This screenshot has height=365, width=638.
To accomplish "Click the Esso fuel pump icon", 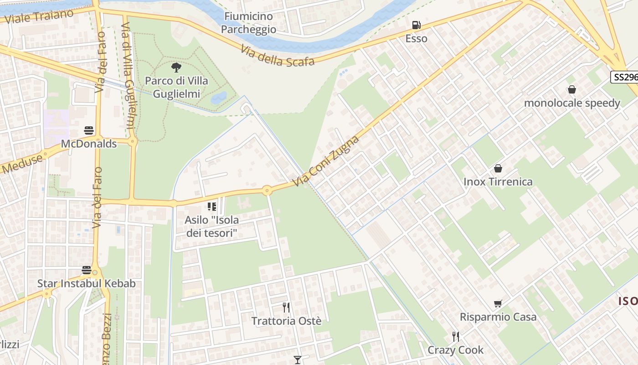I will [416, 25].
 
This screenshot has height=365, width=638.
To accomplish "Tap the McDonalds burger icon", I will [89, 131].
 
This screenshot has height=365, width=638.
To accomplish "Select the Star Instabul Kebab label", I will [86, 283].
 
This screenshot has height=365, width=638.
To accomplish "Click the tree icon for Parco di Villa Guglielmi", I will [176, 68].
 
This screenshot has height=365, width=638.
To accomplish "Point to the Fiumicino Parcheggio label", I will [248, 23].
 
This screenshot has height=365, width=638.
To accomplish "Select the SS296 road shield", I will [625, 77].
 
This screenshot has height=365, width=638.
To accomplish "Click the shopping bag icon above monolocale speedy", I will [571, 89].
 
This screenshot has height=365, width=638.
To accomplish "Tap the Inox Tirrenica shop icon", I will [498, 168].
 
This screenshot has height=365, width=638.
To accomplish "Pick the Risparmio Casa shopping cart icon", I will [498, 303].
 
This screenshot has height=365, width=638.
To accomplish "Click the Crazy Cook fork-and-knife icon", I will [455, 337].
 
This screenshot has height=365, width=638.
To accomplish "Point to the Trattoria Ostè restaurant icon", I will [286, 307].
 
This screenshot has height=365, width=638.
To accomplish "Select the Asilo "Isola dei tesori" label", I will [211, 226].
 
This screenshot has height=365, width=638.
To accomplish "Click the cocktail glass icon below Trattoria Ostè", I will [298, 360].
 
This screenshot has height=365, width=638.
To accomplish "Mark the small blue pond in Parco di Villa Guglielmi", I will [219, 97].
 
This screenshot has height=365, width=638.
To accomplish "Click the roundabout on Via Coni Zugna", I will [267, 191].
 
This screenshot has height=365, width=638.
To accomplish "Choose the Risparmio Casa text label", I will [498, 317].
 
